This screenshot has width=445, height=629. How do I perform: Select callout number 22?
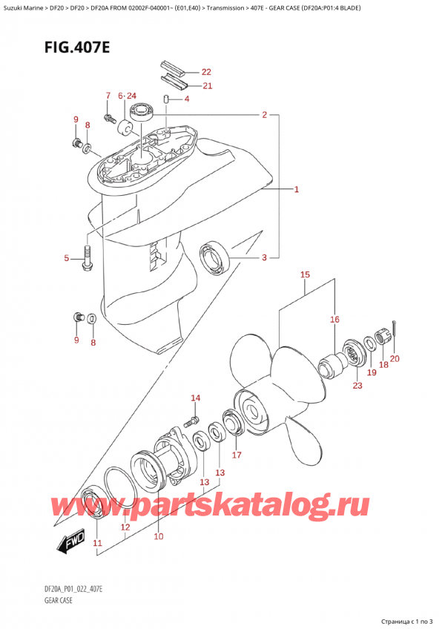[205, 72]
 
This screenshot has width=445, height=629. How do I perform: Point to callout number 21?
[205, 86]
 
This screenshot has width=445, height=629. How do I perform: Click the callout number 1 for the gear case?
[296, 191]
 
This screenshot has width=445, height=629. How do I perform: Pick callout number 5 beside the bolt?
[66, 259]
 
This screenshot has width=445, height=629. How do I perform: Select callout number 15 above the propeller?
[305, 275]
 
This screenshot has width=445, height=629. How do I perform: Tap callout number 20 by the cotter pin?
[395, 359]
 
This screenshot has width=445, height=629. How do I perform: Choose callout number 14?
[195, 398]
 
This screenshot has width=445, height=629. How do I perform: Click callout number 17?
[237, 455]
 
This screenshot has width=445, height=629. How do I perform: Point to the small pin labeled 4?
[168, 100]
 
